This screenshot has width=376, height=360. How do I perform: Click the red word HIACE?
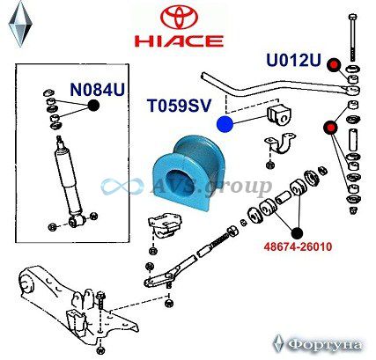[179, 41]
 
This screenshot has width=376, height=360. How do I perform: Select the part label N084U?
[98, 89]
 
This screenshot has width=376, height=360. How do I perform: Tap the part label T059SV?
[179, 105]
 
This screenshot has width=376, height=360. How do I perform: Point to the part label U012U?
[293, 60]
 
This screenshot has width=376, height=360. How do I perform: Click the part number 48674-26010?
[298, 246]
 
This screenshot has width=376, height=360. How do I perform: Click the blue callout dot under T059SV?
[225, 124]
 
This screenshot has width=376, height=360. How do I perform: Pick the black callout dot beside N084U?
[93, 106]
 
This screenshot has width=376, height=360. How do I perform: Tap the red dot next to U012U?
[334, 65]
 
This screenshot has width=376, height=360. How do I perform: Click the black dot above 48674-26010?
[297, 233]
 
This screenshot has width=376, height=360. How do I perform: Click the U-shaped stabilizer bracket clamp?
[280, 144]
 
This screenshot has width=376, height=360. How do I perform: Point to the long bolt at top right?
[352, 38]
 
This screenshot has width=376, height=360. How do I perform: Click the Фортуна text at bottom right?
[324, 345]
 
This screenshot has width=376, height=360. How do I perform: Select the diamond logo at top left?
[20, 25]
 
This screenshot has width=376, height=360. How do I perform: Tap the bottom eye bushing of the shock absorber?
[77, 221]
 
